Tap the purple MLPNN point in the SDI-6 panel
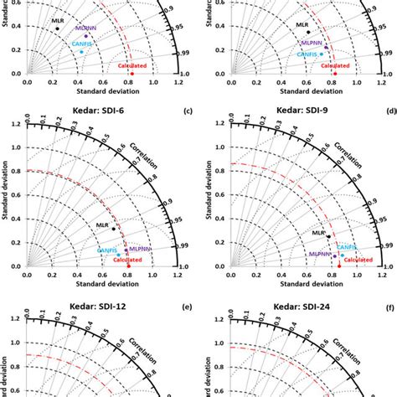click(x=126, y=250)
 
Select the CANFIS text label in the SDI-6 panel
click(x=106, y=250)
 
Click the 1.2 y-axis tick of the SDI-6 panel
click(x=18, y=125)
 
